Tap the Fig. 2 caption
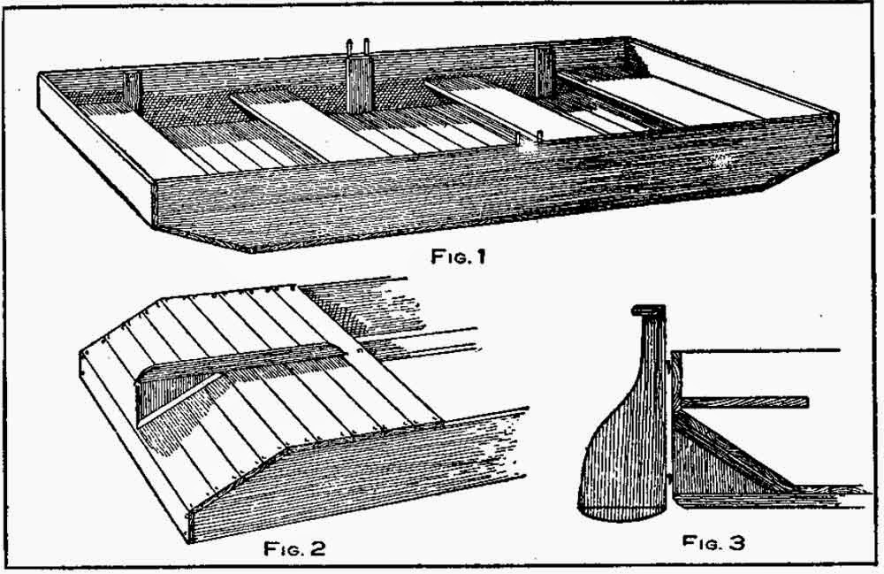point(295,547)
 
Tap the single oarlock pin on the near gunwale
point(538,134)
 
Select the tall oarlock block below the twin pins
point(359,85)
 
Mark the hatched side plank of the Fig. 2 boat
point(354,478)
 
